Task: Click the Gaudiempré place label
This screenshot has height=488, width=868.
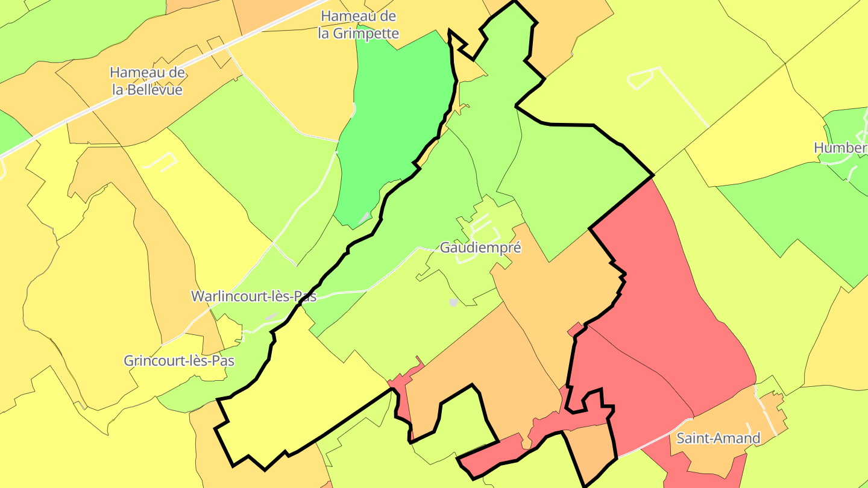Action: click(x=480, y=248)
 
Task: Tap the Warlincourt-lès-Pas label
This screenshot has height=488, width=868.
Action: click(x=254, y=296)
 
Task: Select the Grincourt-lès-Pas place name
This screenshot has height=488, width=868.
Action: click(x=179, y=361)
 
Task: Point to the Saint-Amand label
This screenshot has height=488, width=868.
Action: click(x=718, y=438)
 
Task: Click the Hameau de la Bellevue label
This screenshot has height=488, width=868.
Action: click(x=147, y=81)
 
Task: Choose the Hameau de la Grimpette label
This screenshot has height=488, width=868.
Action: click(x=359, y=24)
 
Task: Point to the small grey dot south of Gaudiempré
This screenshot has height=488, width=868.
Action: click(x=453, y=302)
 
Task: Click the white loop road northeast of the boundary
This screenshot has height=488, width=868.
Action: click(x=643, y=78)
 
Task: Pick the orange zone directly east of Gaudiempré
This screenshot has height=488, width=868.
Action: click(x=555, y=283)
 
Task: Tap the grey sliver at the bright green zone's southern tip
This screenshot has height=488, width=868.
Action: click(x=364, y=218)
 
